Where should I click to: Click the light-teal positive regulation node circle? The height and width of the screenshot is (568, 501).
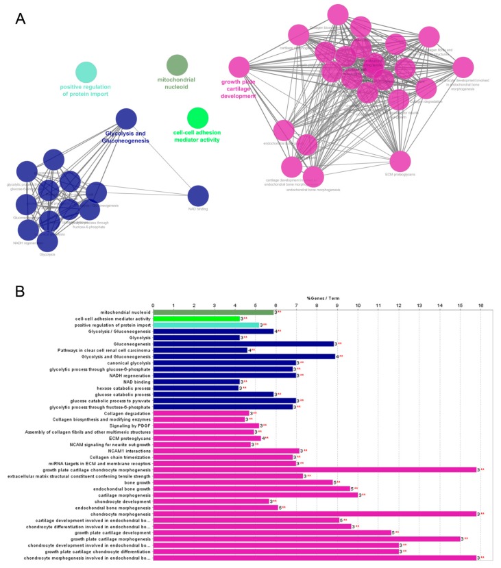point(86,71)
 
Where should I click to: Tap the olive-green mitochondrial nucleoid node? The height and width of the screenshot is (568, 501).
point(177,65)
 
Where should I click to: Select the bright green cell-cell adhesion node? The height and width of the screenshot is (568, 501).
point(197,118)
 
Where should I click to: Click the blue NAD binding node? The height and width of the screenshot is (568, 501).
point(198,196)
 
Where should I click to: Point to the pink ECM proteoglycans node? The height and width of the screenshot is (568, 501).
point(401,162)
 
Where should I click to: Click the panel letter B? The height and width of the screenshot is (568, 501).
point(20,291)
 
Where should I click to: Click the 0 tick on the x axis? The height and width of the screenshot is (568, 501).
point(153,305)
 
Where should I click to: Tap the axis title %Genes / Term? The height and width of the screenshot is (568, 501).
point(321,299)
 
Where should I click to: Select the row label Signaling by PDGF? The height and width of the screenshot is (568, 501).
point(126,425)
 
